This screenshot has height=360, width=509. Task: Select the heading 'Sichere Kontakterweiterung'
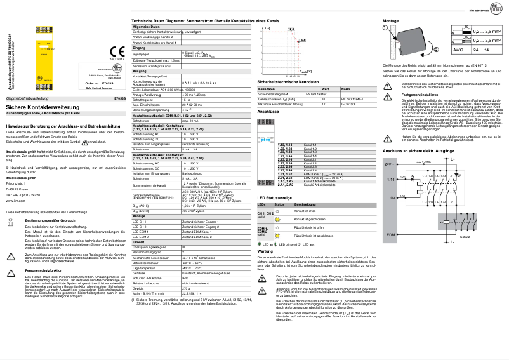coord(37,107)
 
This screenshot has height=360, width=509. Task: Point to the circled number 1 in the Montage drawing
coord(385,29)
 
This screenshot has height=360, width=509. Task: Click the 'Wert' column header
coord(325,89)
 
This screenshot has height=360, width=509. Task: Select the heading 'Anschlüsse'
coord(268,111)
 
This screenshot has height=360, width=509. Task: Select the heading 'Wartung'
coord(265,251)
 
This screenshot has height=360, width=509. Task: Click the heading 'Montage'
coord(393,20)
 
